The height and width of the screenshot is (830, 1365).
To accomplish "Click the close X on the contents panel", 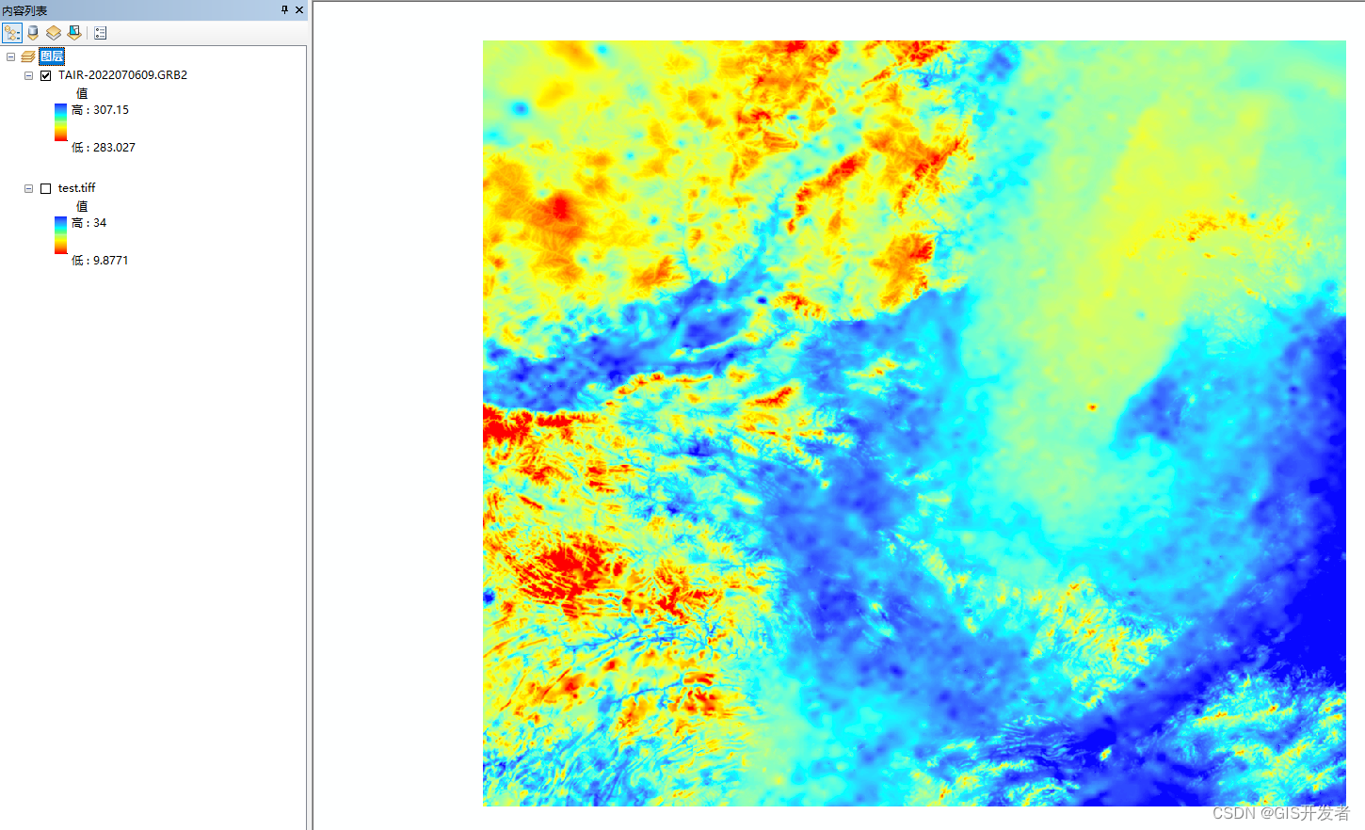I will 299,9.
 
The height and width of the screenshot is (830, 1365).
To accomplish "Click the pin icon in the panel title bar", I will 284,9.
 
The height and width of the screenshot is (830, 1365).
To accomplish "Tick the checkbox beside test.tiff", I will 45,188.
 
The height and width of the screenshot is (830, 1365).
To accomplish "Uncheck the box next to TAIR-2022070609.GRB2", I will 45,75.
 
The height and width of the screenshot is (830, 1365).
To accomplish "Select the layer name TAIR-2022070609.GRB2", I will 122,75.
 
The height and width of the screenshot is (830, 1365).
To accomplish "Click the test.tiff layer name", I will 76,188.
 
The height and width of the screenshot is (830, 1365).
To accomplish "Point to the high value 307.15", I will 110,110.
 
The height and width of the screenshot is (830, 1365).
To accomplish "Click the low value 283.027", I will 114,148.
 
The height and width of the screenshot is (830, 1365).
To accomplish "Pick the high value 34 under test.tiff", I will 99,223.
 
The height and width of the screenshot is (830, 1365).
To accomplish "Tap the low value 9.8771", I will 110,261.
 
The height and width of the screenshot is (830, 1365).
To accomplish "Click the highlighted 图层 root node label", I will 52,56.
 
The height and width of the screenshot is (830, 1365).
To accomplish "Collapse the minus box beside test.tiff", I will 28,188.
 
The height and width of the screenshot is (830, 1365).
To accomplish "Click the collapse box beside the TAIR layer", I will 28,75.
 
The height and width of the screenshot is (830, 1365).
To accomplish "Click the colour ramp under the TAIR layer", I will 60,122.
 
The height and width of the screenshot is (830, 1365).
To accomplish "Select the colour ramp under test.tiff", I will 60,235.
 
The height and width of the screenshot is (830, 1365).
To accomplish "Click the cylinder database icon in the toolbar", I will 33,33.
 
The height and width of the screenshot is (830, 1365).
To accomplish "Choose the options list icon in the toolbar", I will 101,33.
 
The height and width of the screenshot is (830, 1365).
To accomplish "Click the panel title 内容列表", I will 24,10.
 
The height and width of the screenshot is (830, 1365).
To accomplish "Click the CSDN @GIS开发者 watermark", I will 1280,813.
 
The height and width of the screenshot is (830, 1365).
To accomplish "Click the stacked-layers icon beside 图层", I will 28,56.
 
